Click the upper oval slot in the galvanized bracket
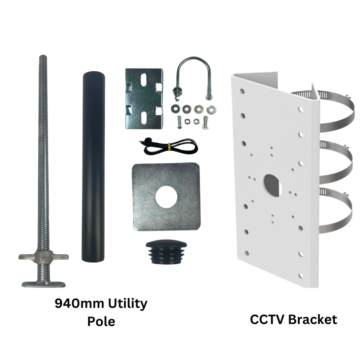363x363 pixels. click(144, 81)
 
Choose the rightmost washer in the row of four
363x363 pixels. click(211, 109)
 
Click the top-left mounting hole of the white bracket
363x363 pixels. click(242, 91)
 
